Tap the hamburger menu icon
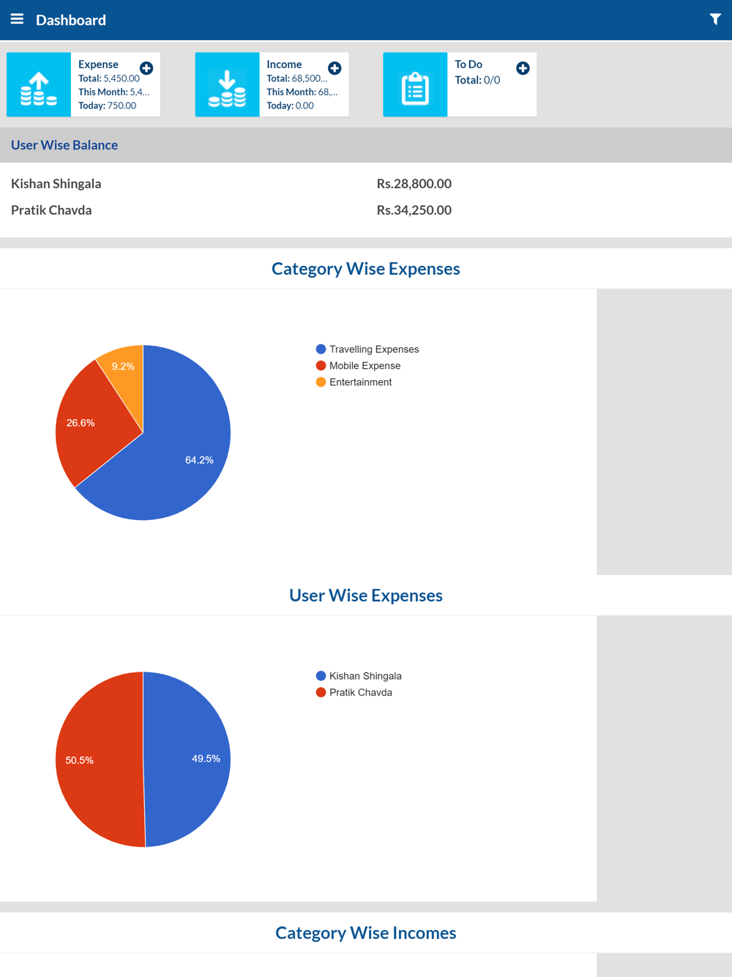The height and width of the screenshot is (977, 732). click(x=17, y=19)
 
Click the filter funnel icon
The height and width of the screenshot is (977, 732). click(x=715, y=19)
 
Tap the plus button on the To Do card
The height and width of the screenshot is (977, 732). click(x=523, y=68)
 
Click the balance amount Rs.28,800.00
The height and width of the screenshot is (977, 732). click(x=414, y=184)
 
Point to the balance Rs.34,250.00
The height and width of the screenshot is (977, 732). click(x=414, y=210)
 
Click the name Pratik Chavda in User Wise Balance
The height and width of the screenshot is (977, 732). click(x=51, y=210)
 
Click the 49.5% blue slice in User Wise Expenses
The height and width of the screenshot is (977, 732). click(x=194, y=759)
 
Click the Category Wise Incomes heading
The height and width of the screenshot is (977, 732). click(x=365, y=932)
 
